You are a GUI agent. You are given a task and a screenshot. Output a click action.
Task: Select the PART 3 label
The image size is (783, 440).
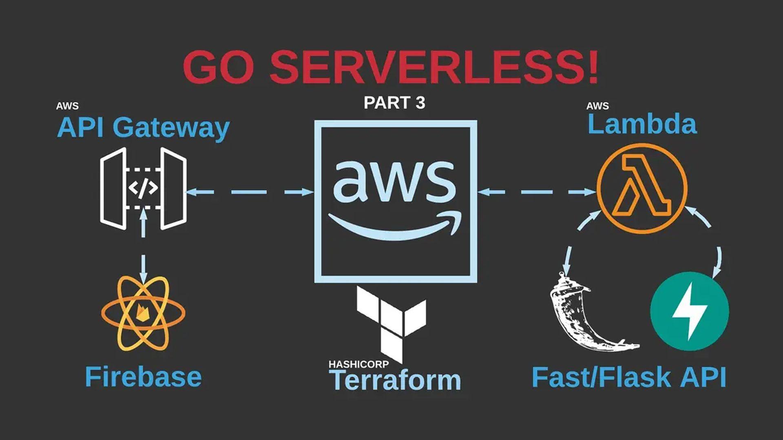(x=394, y=103)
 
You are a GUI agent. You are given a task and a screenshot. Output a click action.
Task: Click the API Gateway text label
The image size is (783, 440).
(x=143, y=128)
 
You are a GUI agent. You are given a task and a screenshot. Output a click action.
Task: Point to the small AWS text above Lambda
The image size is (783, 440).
(x=597, y=106)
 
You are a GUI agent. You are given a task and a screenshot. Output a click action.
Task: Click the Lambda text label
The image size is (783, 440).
(x=642, y=124)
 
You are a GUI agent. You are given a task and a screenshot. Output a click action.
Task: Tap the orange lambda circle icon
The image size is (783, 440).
(x=642, y=189)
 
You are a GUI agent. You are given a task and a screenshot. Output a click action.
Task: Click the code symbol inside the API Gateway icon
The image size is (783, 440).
(x=143, y=188)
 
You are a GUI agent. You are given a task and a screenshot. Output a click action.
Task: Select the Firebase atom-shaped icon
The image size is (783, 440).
(x=143, y=313)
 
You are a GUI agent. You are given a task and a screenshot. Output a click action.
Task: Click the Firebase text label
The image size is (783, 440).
(x=143, y=377)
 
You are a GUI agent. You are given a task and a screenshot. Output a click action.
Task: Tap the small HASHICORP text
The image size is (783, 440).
(x=358, y=364)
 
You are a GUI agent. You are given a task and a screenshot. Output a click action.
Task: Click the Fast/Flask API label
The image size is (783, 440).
(x=629, y=377)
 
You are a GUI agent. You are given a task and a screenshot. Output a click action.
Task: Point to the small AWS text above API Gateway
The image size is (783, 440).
(x=67, y=106)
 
